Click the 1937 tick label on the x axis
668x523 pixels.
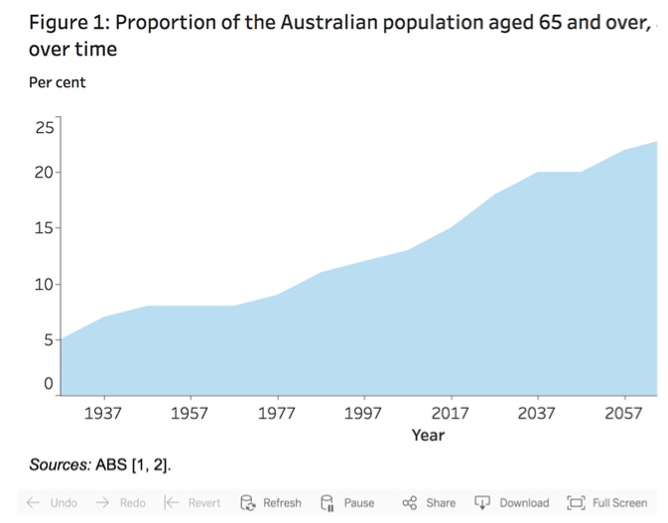(x=103, y=413)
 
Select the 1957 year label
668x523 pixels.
(x=190, y=413)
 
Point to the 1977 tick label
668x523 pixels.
(x=277, y=413)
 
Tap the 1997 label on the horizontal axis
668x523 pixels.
(x=363, y=413)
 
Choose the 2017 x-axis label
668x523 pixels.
(x=451, y=413)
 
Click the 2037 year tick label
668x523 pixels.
(x=537, y=413)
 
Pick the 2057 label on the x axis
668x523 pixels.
(x=624, y=413)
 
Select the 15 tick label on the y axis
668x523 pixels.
(x=46, y=229)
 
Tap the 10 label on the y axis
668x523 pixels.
(x=46, y=286)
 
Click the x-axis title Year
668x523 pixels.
(x=428, y=436)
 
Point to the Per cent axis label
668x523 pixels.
(x=58, y=82)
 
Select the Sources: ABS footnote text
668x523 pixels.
(x=106, y=464)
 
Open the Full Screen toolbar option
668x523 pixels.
(x=607, y=503)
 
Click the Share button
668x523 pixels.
(x=430, y=503)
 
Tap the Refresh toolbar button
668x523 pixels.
(x=273, y=503)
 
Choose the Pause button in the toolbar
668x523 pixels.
(x=348, y=503)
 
